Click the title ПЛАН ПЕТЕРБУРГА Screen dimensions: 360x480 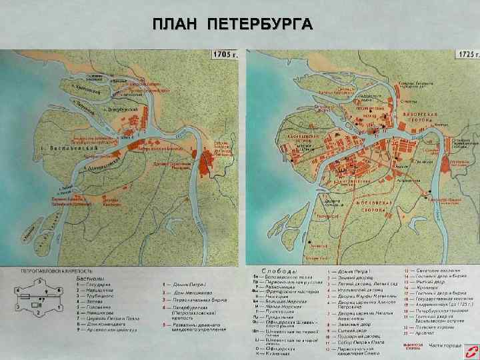click(x=232, y=25)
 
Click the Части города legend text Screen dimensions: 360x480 click(x=445, y=345)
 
